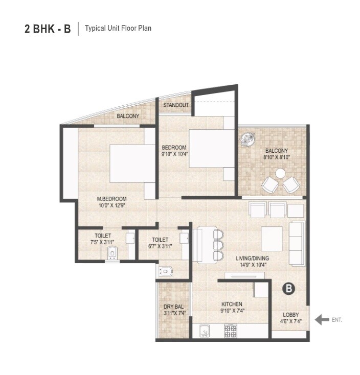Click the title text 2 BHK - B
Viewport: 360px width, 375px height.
pyautogui.click(x=48, y=28)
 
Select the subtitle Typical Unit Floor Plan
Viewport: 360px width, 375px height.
pyautogui.click(x=118, y=28)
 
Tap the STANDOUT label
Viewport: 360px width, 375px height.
pyautogui.click(x=175, y=105)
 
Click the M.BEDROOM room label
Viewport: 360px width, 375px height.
pyautogui.click(x=111, y=199)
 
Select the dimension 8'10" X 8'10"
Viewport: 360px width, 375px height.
pyautogui.click(x=276, y=157)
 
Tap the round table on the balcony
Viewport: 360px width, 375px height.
pyautogui.click(x=280, y=174)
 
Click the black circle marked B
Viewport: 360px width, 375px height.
pyautogui.click(x=289, y=289)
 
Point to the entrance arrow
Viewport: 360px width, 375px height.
pyautogui.click(x=322, y=320)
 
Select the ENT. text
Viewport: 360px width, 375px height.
pyautogui.click(x=336, y=320)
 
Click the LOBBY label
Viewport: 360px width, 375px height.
pyautogui.click(x=290, y=315)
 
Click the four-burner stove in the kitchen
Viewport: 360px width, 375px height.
pyautogui.click(x=230, y=332)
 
